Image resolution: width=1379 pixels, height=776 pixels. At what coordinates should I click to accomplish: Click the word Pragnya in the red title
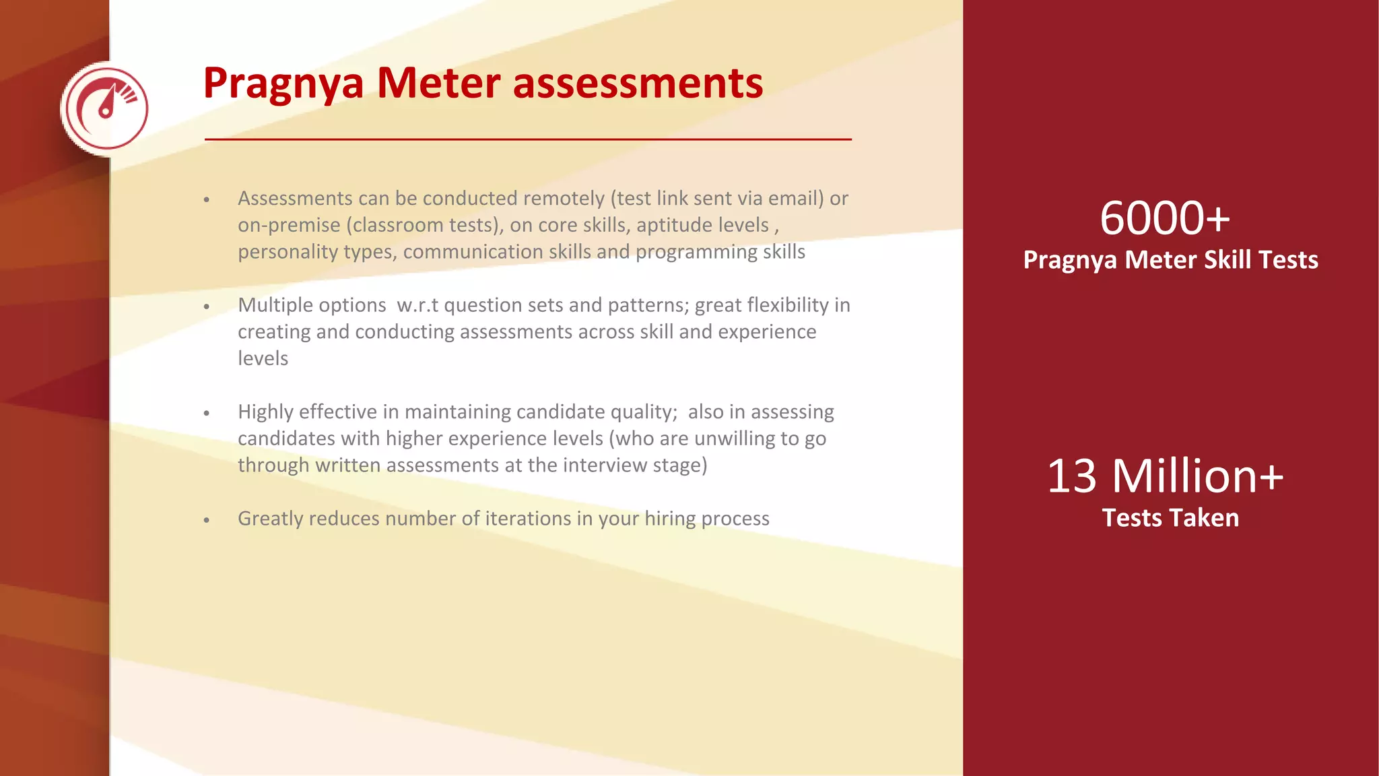pyautogui.click(x=283, y=84)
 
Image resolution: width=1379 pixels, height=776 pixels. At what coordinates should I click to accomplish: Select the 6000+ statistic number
pyautogui.click(x=1164, y=218)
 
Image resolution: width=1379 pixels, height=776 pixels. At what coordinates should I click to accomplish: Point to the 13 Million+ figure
pyautogui.click(x=1165, y=476)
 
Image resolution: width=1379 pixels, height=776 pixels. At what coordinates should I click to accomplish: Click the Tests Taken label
pyautogui.click(x=1170, y=518)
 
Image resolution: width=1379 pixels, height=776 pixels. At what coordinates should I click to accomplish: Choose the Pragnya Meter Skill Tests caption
pyautogui.click(x=1170, y=260)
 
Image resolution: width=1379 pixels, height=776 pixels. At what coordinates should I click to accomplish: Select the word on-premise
pyautogui.click(x=289, y=225)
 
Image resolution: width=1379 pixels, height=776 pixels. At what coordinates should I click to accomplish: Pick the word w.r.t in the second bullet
pyautogui.click(x=417, y=305)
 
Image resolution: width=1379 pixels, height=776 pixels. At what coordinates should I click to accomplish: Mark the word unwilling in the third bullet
pyautogui.click(x=735, y=439)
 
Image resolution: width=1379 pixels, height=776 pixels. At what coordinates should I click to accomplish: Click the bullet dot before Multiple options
pyautogui.click(x=207, y=306)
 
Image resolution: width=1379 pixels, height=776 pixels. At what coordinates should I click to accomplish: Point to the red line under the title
pyautogui.click(x=528, y=139)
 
